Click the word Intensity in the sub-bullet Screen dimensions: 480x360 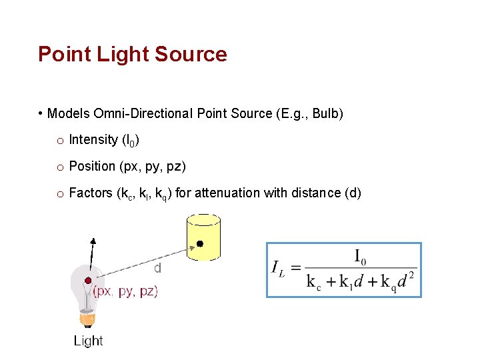coord(93,139)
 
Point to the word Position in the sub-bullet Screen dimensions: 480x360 coord(92,166)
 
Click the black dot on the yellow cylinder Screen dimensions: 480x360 coord(199,245)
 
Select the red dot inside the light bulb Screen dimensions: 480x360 coord(87,279)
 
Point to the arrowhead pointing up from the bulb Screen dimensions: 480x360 coord(93,241)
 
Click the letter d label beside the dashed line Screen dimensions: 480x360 coord(158,268)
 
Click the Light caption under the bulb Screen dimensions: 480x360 coord(88,341)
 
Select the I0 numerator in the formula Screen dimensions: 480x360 coord(360,256)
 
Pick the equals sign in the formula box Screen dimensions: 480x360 coord(296,268)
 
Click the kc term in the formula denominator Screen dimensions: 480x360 coord(313,281)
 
